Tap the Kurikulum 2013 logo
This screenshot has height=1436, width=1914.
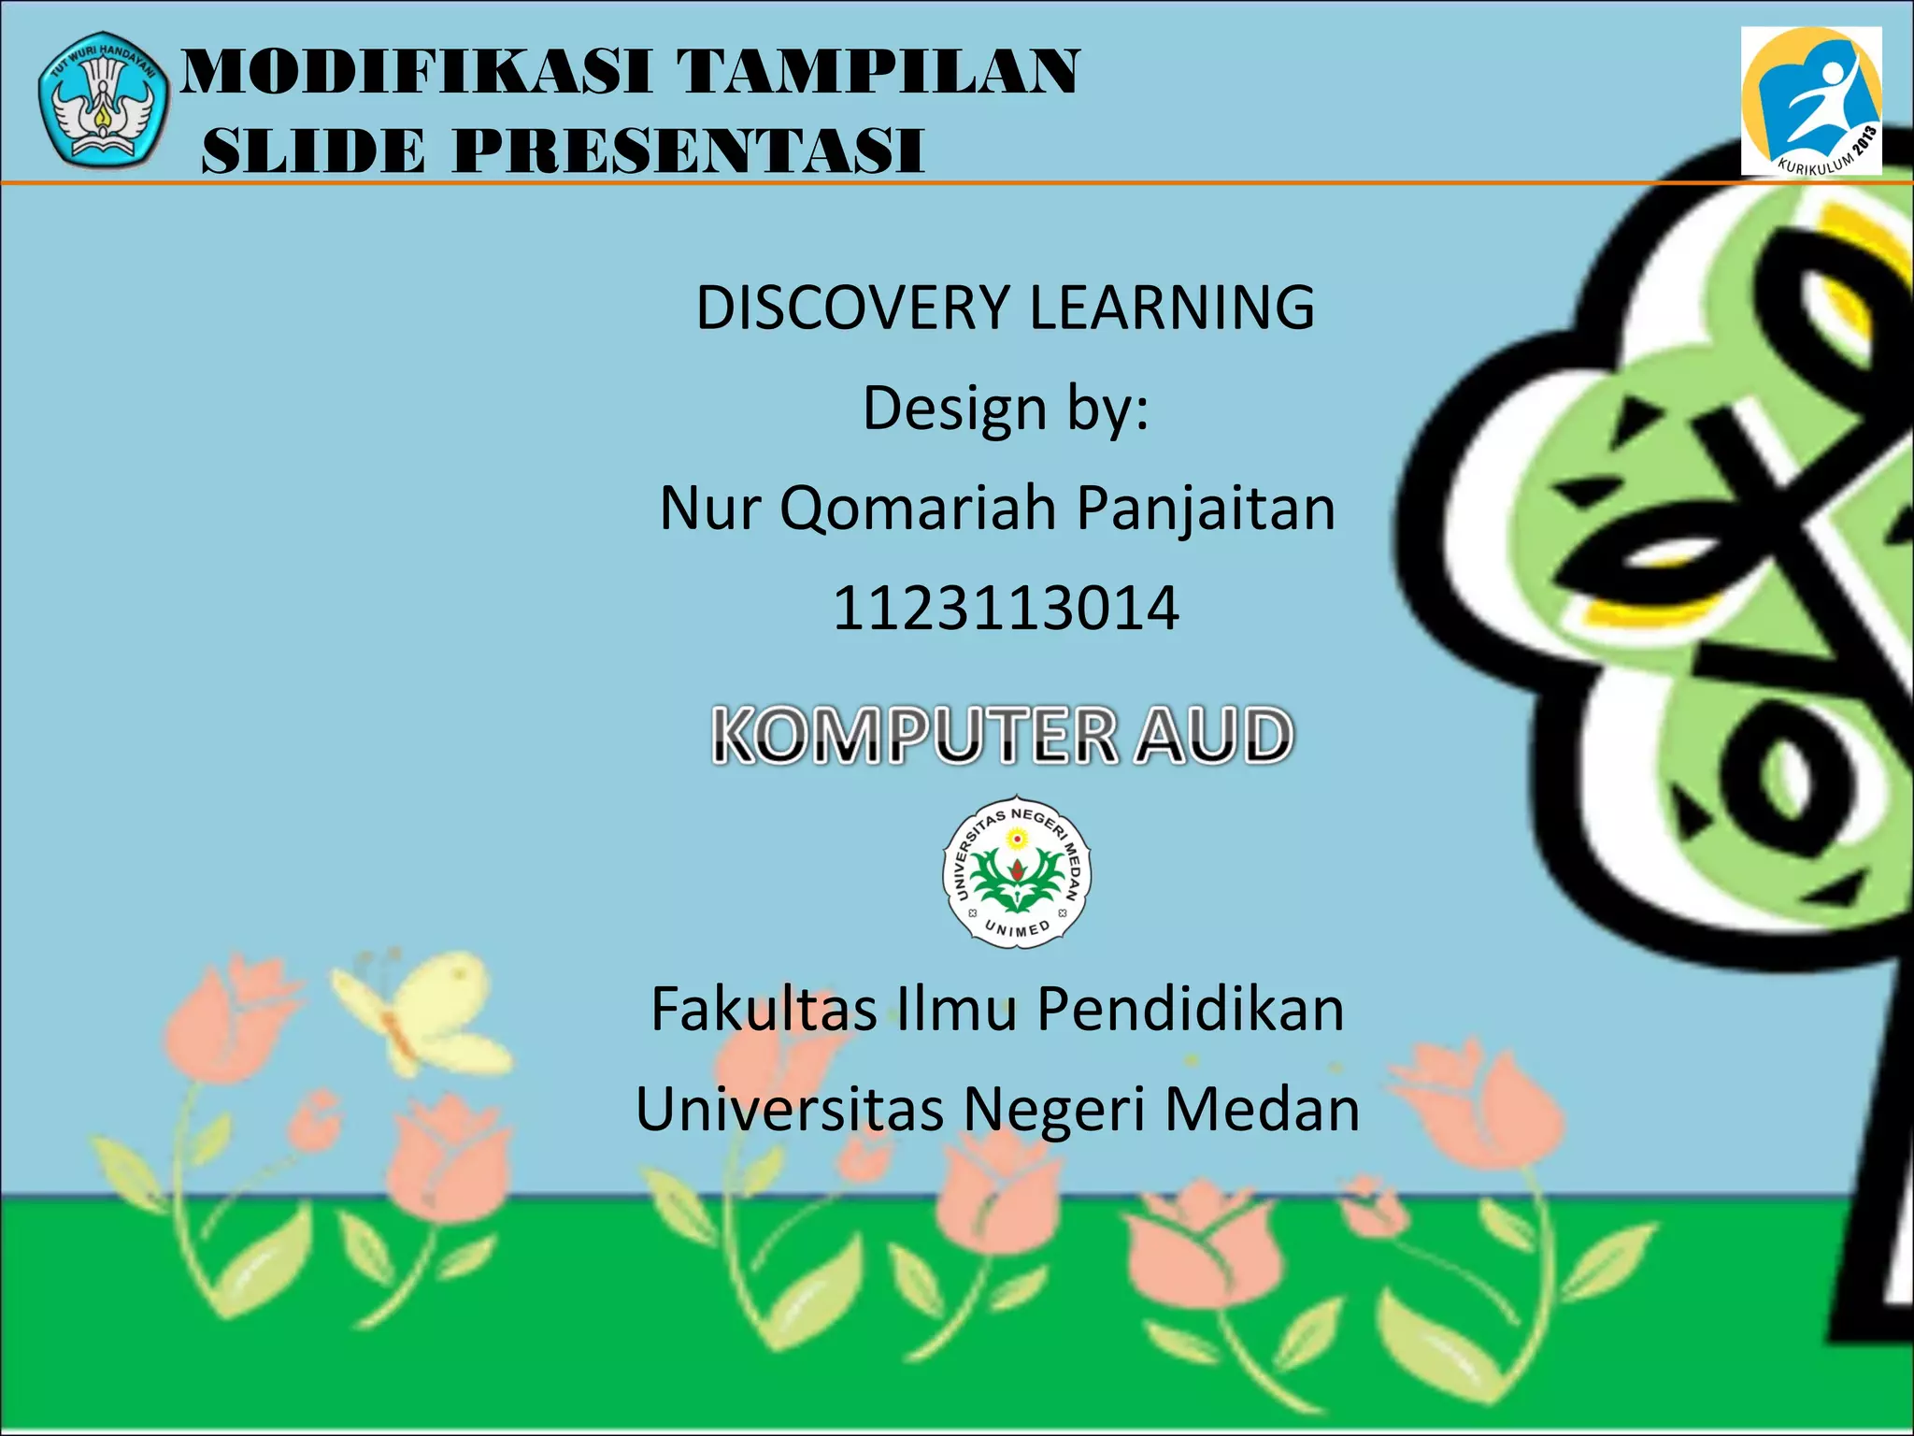pyautogui.click(x=1810, y=101)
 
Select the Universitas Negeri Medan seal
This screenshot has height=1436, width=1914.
pyautogui.click(x=1017, y=871)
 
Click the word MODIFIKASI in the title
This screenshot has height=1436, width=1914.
pyautogui.click(x=416, y=72)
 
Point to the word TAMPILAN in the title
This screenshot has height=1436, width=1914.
pyautogui.click(x=878, y=72)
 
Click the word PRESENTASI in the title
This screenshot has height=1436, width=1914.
pyautogui.click(x=689, y=151)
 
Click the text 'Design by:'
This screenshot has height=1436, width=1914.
pyautogui.click(x=1006, y=409)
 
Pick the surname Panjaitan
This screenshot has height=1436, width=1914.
pyautogui.click(x=1206, y=509)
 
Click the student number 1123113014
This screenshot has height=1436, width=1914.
pyautogui.click(x=1006, y=609)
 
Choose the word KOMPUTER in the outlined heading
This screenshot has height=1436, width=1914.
pyautogui.click(x=915, y=736)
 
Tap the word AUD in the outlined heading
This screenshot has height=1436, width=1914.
pyautogui.click(x=1214, y=736)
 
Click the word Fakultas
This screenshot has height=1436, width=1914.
pyautogui.click(x=764, y=1010)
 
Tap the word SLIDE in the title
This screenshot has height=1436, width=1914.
pyautogui.click(x=314, y=151)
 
